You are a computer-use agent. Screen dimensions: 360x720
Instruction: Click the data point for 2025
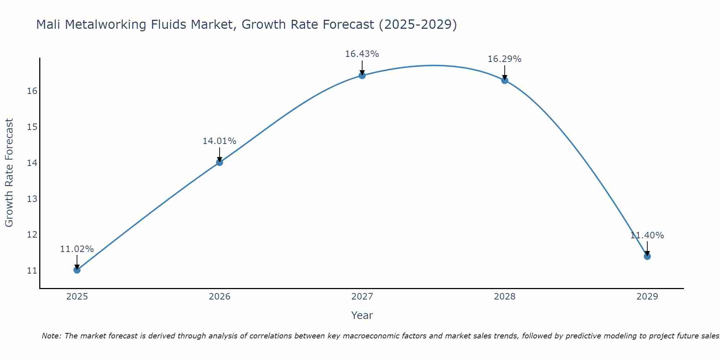[x=77, y=270]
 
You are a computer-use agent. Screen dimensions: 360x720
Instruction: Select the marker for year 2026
[x=220, y=162]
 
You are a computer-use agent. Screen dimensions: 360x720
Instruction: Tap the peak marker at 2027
[x=362, y=75]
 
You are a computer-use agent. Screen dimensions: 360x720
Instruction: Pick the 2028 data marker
[x=505, y=80]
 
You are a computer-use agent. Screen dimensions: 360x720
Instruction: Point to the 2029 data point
[x=647, y=256]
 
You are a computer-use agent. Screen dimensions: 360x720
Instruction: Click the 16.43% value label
[x=362, y=54]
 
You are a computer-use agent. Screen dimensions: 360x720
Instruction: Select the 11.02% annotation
[x=77, y=249]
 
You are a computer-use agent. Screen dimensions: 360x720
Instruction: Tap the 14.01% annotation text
[x=219, y=141]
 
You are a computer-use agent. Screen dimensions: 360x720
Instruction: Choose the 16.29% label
[x=504, y=59]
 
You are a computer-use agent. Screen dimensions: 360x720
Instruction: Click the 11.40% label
[x=647, y=235]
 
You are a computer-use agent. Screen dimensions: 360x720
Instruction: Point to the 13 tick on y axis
[x=32, y=199]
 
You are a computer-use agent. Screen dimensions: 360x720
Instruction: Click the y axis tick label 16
[x=32, y=91]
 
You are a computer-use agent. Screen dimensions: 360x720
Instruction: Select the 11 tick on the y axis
[x=32, y=271]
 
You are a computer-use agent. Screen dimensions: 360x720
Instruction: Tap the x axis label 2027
[x=362, y=297]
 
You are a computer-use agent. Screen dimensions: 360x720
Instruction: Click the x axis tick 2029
[x=647, y=297]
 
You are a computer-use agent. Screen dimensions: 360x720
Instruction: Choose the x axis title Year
[x=362, y=315]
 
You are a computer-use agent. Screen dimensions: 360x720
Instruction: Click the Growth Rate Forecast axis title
[x=9, y=172]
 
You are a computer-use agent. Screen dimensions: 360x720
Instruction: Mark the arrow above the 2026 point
[x=220, y=154]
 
